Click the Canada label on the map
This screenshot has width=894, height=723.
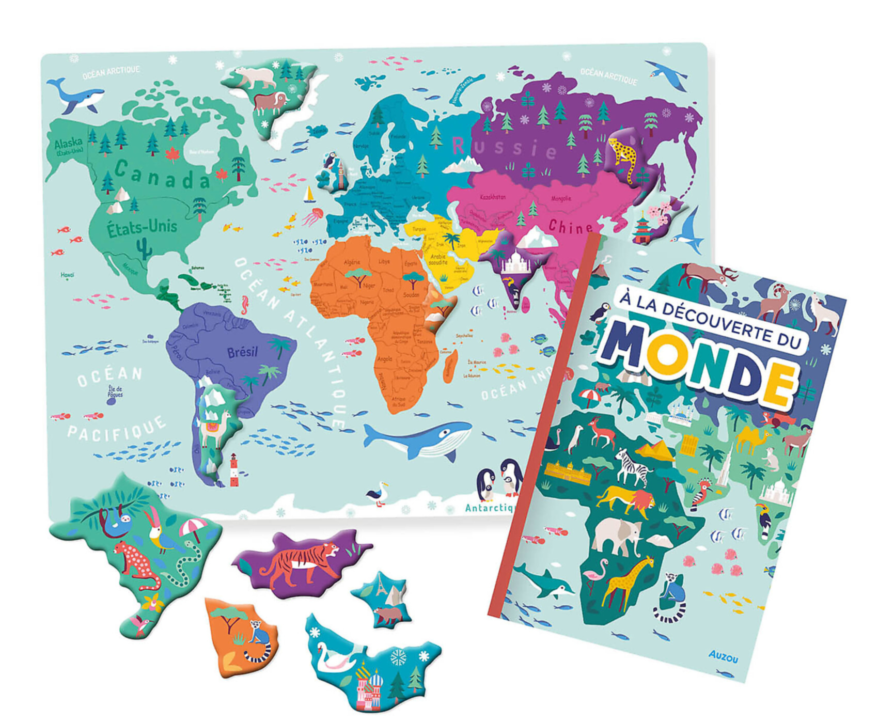point(162,176)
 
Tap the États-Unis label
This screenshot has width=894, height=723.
point(142,228)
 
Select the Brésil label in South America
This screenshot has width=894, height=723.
point(242,352)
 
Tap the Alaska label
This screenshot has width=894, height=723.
point(68,143)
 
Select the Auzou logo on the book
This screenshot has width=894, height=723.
point(723,656)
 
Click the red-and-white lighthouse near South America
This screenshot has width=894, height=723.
point(234,469)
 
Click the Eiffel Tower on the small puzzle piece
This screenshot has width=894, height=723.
point(381,586)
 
